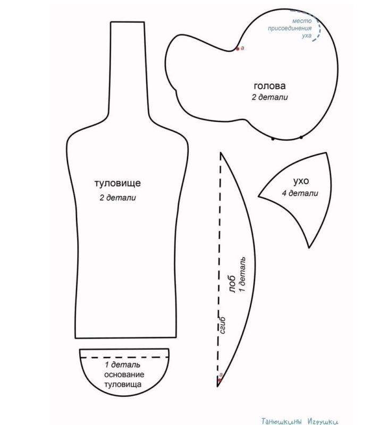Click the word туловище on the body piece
coord(117,183)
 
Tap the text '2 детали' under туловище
coord(117,198)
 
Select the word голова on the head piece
coord(269,86)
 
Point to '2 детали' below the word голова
coord(269,97)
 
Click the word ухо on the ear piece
coord(301,181)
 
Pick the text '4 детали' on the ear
coord(300,193)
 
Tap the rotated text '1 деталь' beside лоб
coord(242,274)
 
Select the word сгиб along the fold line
coord(223,325)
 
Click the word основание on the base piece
coord(124,375)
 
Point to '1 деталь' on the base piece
coord(123,365)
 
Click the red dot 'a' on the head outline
coord(238,49)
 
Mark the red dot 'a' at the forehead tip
coord(220,379)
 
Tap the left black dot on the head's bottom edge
coord(273,139)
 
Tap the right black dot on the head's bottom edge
coord(301,138)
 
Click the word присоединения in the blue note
coord(290,28)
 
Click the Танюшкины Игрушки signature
coord(300,421)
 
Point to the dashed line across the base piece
coord(124,358)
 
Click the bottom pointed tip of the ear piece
coord(309,248)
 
